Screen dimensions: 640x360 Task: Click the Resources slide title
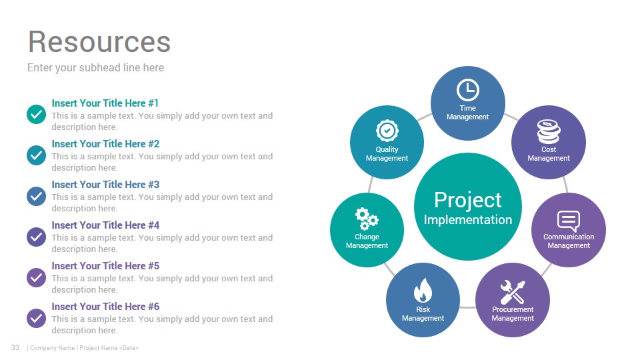click(x=99, y=41)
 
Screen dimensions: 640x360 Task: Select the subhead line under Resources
click(x=95, y=68)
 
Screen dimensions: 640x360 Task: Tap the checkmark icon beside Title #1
click(x=36, y=114)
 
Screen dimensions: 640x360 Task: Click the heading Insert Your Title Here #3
click(x=105, y=185)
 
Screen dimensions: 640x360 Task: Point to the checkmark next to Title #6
click(x=36, y=318)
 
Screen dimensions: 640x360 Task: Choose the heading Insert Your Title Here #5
click(x=105, y=266)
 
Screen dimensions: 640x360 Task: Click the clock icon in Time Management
click(x=468, y=90)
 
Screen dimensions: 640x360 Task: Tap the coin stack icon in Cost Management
click(x=549, y=131)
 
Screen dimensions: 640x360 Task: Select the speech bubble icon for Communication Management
click(x=569, y=221)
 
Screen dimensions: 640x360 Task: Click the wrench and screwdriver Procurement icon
click(x=513, y=292)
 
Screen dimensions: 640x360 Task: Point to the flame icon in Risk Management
click(x=423, y=290)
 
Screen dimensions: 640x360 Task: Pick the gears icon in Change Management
click(x=366, y=219)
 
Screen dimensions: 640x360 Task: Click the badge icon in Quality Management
click(x=387, y=131)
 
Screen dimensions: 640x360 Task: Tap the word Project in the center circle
click(x=468, y=200)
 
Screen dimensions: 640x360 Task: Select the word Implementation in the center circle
click(x=468, y=219)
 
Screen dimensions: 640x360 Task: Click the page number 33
click(x=15, y=347)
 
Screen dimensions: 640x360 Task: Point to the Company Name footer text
click(x=52, y=348)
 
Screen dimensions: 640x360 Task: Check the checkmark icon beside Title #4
click(x=36, y=237)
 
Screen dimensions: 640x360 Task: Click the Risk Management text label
click(x=423, y=314)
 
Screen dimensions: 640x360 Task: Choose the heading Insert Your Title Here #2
click(x=105, y=144)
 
